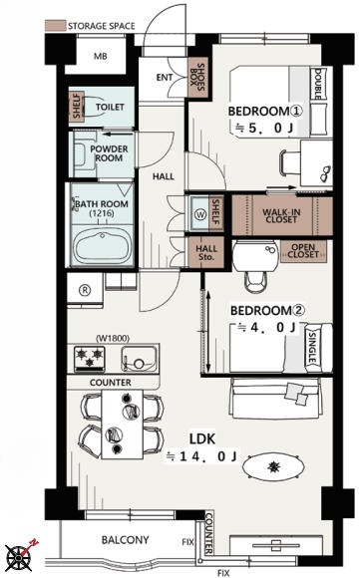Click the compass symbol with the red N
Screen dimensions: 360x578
(18, 557)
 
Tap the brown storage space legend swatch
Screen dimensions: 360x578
(55, 26)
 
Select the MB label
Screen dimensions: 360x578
(101, 56)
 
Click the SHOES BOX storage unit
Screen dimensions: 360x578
(198, 78)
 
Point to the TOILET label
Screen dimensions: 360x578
(110, 107)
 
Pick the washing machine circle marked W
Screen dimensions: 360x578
(200, 215)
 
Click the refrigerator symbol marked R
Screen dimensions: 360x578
(85, 290)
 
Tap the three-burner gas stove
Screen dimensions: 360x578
(90, 359)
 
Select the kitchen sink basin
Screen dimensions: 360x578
(139, 359)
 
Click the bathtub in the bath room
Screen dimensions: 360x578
(102, 245)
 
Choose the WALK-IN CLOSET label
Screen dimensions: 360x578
(281, 215)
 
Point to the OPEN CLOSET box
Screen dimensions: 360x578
(303, 251)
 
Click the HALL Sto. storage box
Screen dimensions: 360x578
(205, 252)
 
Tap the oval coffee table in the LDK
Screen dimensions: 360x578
(273, 467)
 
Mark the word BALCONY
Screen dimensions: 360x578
(125, 540)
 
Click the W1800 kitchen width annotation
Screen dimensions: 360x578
(113, 338)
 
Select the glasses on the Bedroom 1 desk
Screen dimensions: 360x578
(325, 173)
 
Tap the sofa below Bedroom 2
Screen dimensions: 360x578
(275, 398)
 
